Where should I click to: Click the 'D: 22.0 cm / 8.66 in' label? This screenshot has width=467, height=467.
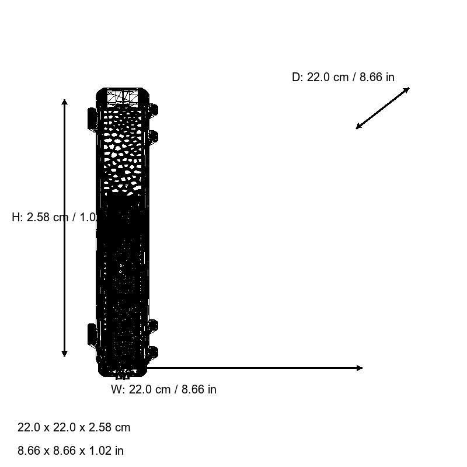tap(343, 77)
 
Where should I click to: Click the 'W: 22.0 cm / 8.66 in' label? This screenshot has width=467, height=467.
tap(163, 389)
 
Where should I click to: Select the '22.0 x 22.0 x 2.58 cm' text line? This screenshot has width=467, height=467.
tap(74, 427)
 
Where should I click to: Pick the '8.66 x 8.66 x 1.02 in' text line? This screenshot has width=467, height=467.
tap(71, 451)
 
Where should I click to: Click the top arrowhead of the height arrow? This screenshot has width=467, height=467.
tap(65, 102)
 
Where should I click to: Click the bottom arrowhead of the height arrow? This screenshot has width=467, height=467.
tap(65, 353)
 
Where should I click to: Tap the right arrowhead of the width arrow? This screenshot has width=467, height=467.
tap(359, 368)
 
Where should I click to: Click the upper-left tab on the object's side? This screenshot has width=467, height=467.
tap(92, 118)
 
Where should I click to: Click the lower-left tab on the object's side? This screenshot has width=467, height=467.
tap(92, 334)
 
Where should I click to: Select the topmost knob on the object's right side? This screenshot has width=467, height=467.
tap(154, 109)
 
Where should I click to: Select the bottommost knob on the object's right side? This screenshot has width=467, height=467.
tap(154, 352)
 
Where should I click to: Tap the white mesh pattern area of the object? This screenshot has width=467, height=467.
tap(123, 152)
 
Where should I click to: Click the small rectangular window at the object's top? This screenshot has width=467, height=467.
tap(123, 96)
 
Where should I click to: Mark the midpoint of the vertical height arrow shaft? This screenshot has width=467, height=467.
tap(65, 228)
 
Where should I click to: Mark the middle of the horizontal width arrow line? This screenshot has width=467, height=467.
tap(254, 368)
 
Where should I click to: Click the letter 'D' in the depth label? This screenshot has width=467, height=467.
tap(296, 77)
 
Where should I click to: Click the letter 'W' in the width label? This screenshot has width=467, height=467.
tap(116, 389)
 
